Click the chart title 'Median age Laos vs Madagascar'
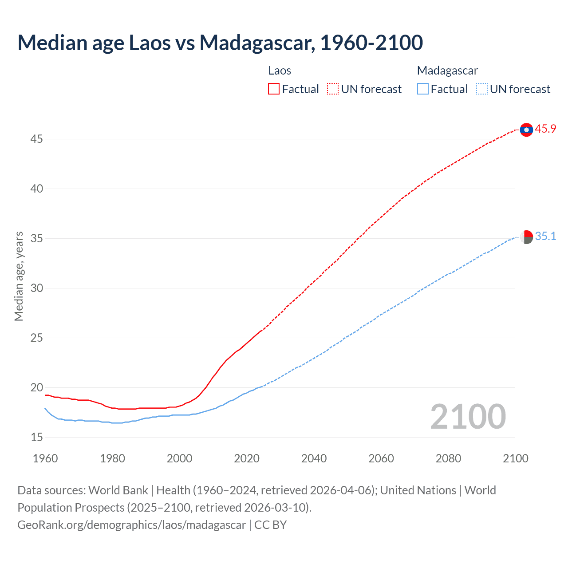coord(220,43)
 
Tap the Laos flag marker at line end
coord(526,130)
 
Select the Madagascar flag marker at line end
coord(526,237)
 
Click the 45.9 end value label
coord(545,129)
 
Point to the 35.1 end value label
coord(545,237)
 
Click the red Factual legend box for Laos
coord(274,89)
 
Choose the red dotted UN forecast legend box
coord(333,89)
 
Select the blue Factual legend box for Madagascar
coord(423,89)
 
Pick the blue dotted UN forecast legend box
coord(482,89)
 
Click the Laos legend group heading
coord(280,71)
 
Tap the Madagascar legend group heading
coord(447,71)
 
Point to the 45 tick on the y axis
coord(36,139)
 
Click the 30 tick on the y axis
coord(36,288)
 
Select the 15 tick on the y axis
coord(36,438)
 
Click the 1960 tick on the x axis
coord(45,458)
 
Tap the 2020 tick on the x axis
coord(247,458)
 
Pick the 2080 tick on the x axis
coord(448,458)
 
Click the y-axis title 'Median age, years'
coord(19,276)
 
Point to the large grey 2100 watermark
coord(468,416)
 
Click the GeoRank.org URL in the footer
coord(131,525)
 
